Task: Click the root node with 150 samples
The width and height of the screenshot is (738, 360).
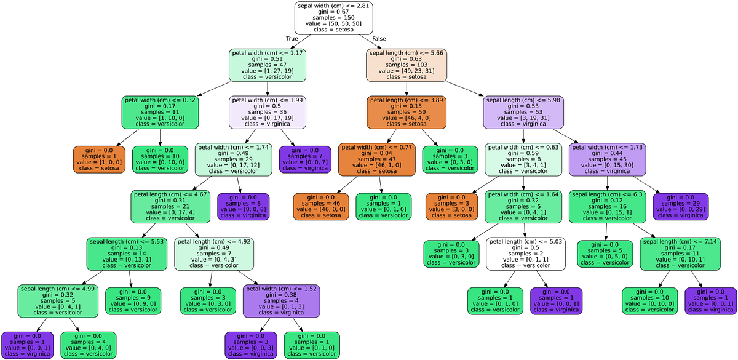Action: [333, 18]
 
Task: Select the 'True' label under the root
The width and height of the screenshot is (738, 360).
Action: [292, 39]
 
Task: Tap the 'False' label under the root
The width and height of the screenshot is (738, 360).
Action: [379, 39]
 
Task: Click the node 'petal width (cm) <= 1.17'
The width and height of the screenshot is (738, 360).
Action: [267, 65]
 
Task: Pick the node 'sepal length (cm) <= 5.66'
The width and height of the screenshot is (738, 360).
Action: [407, 65]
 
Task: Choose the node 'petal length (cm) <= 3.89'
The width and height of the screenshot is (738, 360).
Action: [407, 112]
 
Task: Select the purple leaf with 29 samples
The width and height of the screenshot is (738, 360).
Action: [681, 207]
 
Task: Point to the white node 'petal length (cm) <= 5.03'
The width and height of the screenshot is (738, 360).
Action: [525, 254]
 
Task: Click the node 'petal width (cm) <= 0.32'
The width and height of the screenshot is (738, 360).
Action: [161, 112]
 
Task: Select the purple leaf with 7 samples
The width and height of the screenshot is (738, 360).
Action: [305, 159]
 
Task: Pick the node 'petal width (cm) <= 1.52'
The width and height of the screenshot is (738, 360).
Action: [282, 301]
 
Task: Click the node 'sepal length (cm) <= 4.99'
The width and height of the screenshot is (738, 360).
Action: [58, 301]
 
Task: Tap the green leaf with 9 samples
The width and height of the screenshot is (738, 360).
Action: [133, 301]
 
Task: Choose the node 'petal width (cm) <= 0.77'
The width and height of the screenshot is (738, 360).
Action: [376, 159]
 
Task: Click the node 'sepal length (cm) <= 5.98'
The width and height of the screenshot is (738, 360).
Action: [523, 112]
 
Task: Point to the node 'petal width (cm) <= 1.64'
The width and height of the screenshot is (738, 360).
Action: [523, 207]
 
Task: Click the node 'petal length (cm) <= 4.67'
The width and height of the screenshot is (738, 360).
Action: [169, 207]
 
